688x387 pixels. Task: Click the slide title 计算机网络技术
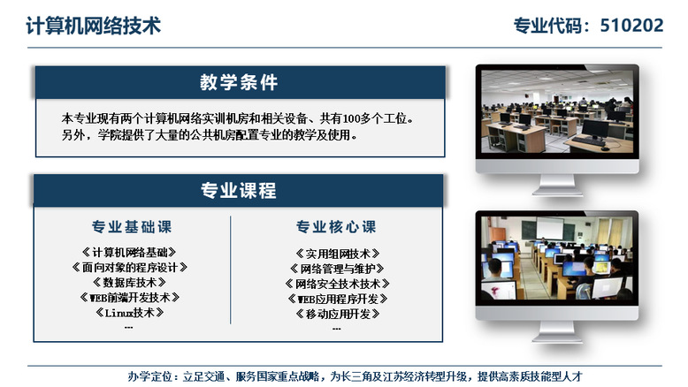point(94,26)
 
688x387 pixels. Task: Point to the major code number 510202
point(631,26)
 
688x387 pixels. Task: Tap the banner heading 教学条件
point(239,82)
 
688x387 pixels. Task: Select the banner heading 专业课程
point(239,191)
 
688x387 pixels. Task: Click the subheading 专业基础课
point(132,226)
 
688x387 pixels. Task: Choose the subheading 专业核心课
point(336,226)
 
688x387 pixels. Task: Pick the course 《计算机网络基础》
point(129,252)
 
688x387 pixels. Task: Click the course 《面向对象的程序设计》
point(129,268)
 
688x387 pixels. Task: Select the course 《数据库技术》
point(129,282)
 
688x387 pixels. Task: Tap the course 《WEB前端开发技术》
point(129,298)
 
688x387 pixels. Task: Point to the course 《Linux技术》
point(129,313)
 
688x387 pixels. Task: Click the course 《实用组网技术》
point(338,254)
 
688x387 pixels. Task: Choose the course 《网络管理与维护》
point(337,269)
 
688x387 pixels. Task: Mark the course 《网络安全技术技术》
point(338,284)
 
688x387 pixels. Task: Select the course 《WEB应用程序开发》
point(338,299)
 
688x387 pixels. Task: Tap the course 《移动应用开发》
point(338,314)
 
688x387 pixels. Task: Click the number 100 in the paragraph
point(351,118)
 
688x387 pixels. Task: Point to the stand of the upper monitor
point(557,185)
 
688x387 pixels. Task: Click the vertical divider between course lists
point(230,269)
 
